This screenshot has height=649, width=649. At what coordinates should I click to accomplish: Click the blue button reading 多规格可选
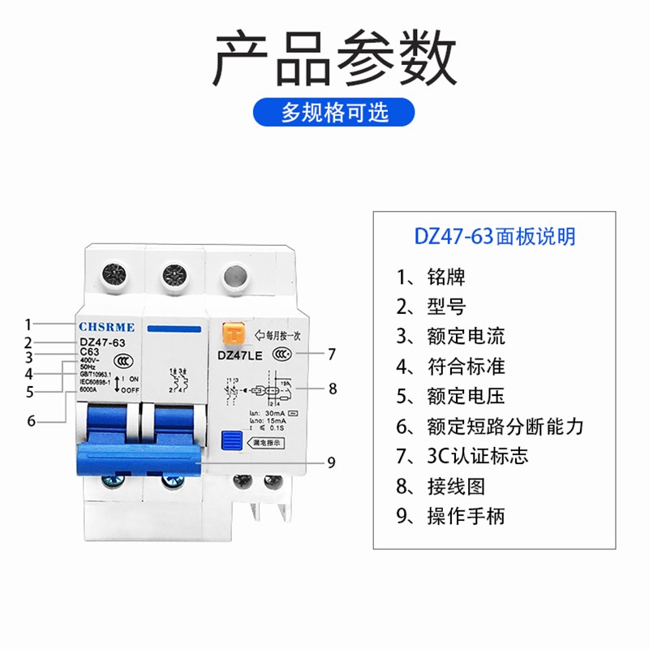pyautogui.click(x=334, y=111)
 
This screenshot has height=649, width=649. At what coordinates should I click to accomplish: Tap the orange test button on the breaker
pyautogui.click(x=234, y=333)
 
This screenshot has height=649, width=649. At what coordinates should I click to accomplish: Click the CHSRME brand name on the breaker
pyautogui.click(x=112, y=326)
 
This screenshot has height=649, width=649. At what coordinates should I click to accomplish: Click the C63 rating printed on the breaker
pyautogui.click(x=89, y=351)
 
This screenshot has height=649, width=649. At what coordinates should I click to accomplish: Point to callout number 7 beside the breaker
pyautogui.click(x=331, y=354)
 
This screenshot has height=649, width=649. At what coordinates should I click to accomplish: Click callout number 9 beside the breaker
pyautogui.click(x=331, y=462)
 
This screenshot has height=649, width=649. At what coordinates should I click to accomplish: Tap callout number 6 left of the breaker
pyautogui.click(x=31, y=420)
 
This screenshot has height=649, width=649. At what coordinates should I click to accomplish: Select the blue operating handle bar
pyautogui.click(x=138, y=458)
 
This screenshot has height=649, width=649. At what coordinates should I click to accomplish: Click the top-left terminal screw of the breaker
pyautogui.click(x=111, y=275)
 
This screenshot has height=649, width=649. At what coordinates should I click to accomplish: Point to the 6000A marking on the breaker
pyautogui.click(x=88, y=389)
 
